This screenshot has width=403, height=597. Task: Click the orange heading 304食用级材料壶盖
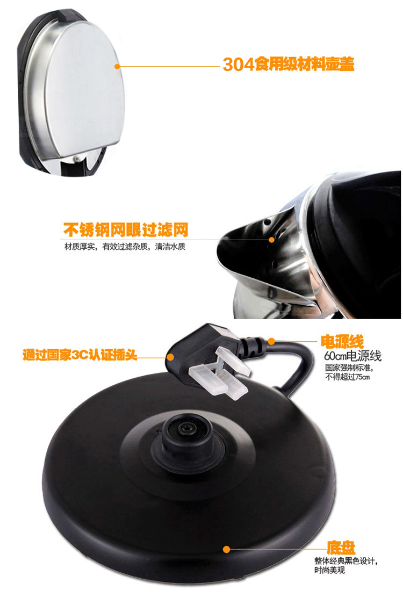point(288,64)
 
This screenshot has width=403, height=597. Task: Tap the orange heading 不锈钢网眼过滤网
point(126,229)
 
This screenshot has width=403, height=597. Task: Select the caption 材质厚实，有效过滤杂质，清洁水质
point(125,247)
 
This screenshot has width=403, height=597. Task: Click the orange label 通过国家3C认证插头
point(80,355)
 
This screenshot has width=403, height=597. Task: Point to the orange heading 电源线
point(342,342)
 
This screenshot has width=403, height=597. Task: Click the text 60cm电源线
point(352,356)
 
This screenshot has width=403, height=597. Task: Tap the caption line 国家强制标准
point(348,368)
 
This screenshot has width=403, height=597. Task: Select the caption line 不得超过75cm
point(347,377)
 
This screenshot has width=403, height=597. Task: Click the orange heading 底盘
point(341,548)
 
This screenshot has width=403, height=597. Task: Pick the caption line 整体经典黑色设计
point(345,561)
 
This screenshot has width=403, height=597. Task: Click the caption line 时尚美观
point(329,570)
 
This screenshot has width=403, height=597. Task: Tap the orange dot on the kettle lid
point(117,66)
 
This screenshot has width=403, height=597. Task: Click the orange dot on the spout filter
point(271,240)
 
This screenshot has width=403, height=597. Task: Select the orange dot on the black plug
point(170,357)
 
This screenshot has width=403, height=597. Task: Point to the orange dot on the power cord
point(271,341)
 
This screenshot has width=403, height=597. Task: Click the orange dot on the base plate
point(226,549)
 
